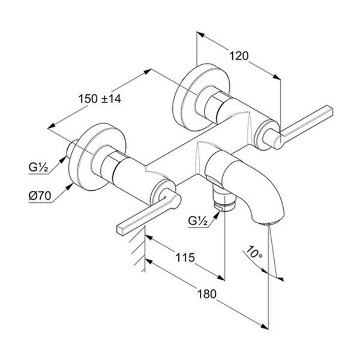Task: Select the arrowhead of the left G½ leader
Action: point(67,155)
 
